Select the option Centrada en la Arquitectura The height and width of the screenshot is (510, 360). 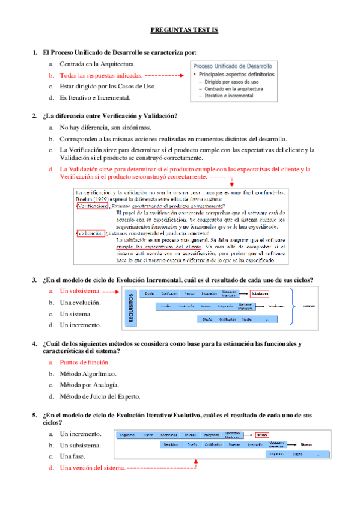click(97, 63)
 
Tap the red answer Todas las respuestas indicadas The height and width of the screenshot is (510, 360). click(101, 75)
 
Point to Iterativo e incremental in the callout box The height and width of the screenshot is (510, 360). click(228, 96)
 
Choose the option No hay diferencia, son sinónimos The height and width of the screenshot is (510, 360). click(105, 127)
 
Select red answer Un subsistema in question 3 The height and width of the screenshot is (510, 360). click(79, 291)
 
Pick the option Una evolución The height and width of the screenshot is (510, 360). click(80, 303)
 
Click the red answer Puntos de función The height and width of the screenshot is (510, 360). click(84, 363)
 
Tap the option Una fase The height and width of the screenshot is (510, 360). click(73, 456)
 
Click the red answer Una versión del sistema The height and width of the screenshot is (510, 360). click(93, 468)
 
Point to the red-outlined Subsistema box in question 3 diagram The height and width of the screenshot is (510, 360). click(260, 293)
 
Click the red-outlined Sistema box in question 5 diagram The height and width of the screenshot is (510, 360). click(262, 435)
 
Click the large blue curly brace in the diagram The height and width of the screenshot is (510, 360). click(293, 305)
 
